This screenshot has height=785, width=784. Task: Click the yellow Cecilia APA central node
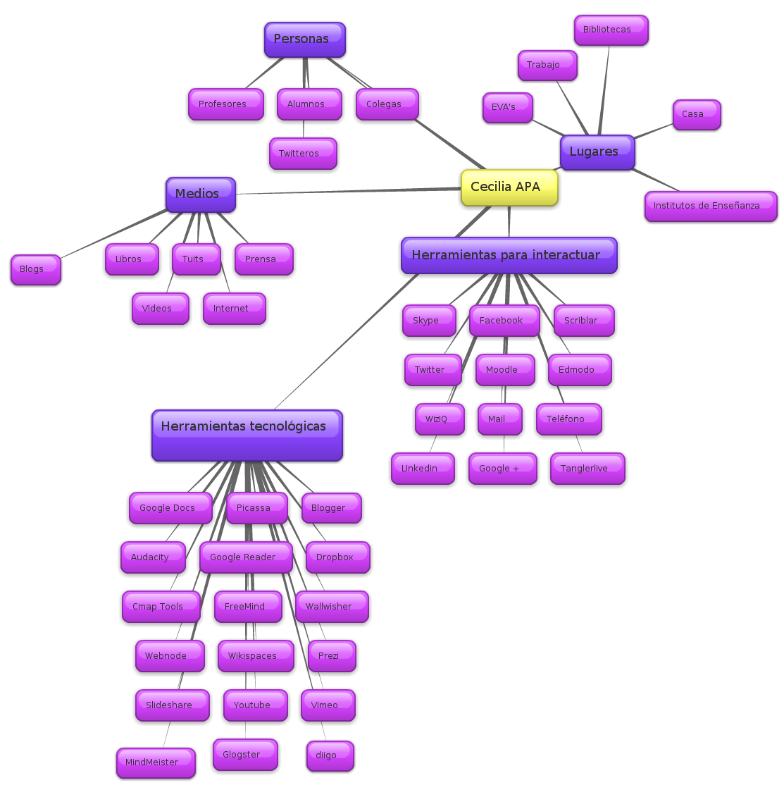click(509, 187)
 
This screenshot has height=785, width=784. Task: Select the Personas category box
click(305, 39)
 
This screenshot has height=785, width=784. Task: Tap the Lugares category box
click(597, 152)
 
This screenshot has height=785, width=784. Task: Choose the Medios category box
click(201, 194)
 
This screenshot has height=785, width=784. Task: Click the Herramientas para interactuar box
click(509, 255)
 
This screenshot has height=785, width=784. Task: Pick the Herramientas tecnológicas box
click(247, 435)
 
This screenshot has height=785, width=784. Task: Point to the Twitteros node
click(303, 154)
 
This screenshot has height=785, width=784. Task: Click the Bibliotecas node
click(611, 30)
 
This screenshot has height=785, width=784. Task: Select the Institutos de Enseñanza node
click(711, 206)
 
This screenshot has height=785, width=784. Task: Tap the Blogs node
click(36, 270)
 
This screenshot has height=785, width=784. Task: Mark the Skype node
click(429, 321)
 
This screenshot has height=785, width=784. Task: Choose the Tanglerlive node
click(587, 469)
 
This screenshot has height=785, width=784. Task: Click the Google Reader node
click(246, 557)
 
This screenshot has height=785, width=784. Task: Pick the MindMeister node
click(156, 763)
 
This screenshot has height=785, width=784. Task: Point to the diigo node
click(330, 756)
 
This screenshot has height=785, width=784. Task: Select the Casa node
click(697, 115)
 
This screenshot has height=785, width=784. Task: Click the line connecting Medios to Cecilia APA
click(348, 191)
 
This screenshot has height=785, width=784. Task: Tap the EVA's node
click(507, 108)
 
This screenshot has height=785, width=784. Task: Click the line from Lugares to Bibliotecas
click(604, 90)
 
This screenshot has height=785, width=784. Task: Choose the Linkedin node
click(423, 469)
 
